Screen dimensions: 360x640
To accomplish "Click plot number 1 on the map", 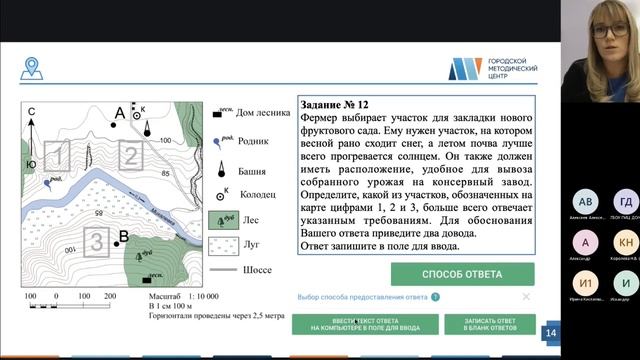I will [x=59, y=156].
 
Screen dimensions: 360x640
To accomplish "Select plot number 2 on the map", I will [x=130, y=156].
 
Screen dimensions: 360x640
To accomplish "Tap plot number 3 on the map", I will [x=95, y=241].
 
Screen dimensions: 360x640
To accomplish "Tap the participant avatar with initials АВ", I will [x=586, y=201].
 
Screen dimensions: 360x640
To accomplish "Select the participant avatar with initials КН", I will [x=626, y=243].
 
